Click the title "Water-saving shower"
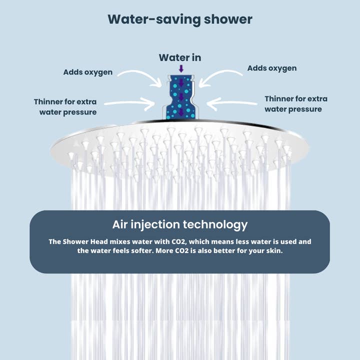pyautogui.click(x=180, y=19)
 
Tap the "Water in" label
pyautogui.click(x=180, y=58)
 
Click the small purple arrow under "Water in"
pyautogui.click(x=181, y=68)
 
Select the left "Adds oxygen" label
pyautogui.click(x=88, y=72)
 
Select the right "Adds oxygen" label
pyautogui.click(x=272, y=68)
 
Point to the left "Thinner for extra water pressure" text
pyautogui.click(x=65, y=107)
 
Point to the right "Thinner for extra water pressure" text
pyautogui.click(x=295, y=104)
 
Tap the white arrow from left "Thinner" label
pyautogui.click(x=130, y=103)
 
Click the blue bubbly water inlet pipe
pyautogui.click(x=180, y=97)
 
